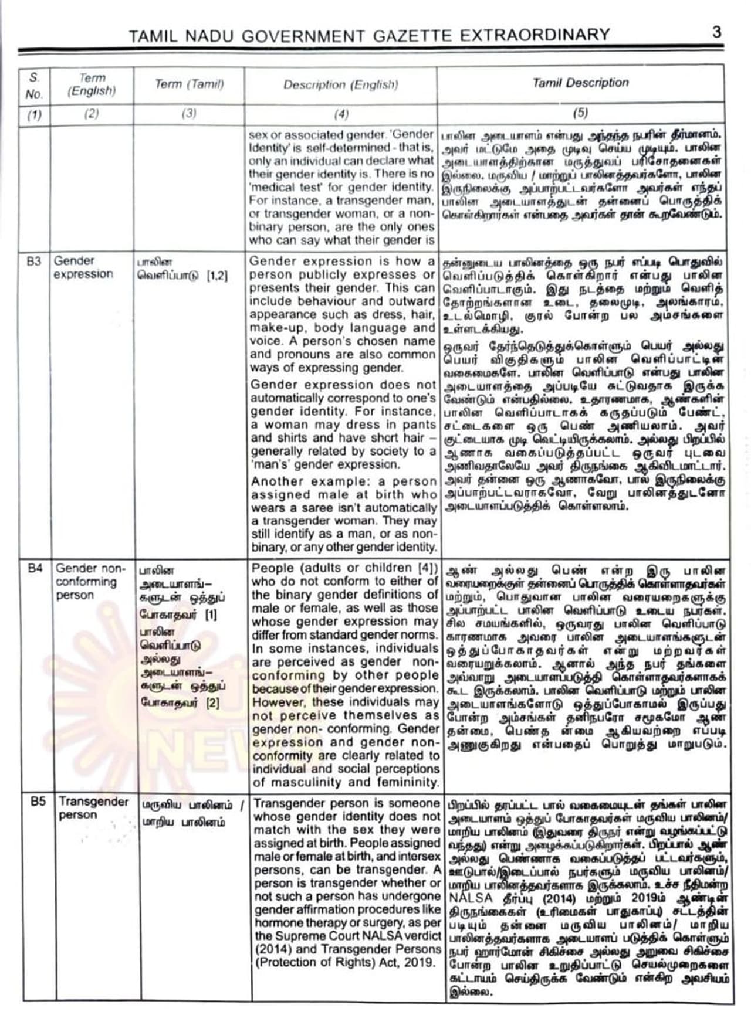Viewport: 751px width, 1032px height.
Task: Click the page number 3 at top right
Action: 716,32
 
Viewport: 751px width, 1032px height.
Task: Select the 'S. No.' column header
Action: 34,86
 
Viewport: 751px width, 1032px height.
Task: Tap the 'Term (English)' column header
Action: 92,84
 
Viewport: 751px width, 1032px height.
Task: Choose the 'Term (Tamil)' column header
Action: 189,84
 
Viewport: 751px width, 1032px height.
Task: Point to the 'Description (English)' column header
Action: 340,84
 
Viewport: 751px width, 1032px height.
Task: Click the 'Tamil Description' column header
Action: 580,83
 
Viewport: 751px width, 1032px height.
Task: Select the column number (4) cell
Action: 340,114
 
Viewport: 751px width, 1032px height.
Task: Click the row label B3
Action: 34,261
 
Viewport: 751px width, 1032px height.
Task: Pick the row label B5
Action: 38,802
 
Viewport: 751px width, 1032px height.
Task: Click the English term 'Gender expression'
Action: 83,267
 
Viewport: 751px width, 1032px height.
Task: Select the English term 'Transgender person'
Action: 93,808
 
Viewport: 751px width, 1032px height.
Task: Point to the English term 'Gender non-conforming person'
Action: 90,581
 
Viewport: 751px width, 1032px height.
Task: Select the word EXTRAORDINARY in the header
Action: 534,35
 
